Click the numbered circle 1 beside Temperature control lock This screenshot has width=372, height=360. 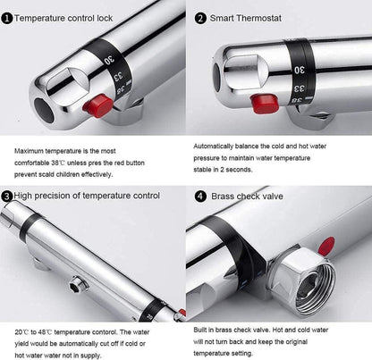(x=7, y=19)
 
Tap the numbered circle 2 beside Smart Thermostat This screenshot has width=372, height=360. (x=200, y=19)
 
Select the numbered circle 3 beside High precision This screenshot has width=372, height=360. (x=7, y=197)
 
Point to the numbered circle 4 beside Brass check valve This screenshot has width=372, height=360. (x=200, y=197)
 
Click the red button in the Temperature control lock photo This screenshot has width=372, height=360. (x=98, y=105)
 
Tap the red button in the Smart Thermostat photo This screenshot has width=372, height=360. (x=264, y=103)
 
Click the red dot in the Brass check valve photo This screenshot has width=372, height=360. (x=326, y=246)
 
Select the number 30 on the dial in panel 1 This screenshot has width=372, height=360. (x=109, y=60)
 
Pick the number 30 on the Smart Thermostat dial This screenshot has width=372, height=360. (x=300, y=70)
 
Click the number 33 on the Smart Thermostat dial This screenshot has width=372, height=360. (x=300, y=88)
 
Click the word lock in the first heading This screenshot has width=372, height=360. (x=105, y=18)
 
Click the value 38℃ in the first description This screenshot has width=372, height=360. (x=58, y=163)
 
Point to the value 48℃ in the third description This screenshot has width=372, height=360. (x=45, y=332)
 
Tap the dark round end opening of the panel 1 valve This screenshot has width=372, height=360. (x=44, y=110)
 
